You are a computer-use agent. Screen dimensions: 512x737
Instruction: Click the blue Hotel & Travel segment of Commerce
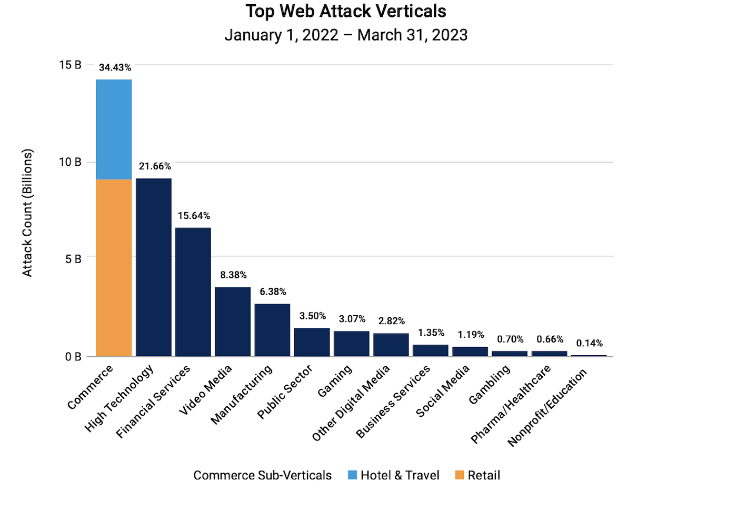(x=114, y=129)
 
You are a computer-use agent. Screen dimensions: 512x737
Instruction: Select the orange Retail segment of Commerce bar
(x=114, y=268)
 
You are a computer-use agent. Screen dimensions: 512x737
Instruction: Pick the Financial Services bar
(x=193, y=292)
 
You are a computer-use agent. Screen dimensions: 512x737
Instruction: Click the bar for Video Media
(x=233, y=322)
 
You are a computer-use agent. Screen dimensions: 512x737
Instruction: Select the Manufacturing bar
(x=272, y=330)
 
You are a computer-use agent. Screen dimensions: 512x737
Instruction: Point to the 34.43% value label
(x=115, y=67)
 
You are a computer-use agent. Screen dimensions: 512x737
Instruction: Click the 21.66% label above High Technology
(x=155, y=166)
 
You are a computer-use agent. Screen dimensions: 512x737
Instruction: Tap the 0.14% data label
(x=589, y=343)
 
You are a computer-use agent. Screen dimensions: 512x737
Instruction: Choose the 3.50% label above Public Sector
(x=313, y=316)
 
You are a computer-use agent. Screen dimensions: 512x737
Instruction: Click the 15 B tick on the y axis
(x=70, y=65)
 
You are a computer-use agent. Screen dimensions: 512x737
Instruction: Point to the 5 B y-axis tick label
(x=73, y=259)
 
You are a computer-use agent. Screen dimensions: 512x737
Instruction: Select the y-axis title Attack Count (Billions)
(x=27, y=213)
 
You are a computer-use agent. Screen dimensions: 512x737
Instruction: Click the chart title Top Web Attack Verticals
(x=346, y=11)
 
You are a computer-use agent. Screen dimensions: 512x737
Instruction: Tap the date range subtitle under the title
(x=346, y=35)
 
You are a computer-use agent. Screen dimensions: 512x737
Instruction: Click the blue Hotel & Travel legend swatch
(x=352, y=475)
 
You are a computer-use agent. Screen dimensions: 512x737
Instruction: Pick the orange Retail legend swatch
(x=460, y=475)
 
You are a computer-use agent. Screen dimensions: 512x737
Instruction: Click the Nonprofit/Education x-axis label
(x=547, y=408)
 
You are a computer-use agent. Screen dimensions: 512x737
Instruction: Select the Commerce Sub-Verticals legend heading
(x=262, y=475)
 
